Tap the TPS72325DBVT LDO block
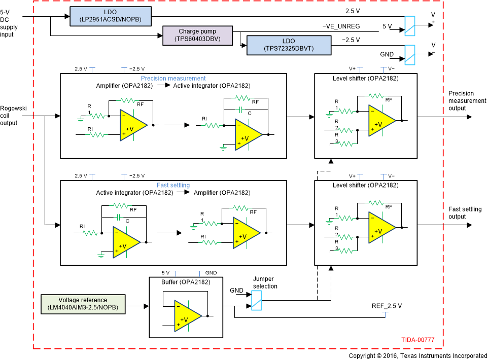click(288, 46)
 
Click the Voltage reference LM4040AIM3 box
click(83, 303)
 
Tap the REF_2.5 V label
click(387, 306)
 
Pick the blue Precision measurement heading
click(173, 78)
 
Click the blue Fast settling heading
click(173, 185)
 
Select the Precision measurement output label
click(467, 100)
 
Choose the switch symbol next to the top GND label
click(410, 54)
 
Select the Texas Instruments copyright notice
click(417, 356)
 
